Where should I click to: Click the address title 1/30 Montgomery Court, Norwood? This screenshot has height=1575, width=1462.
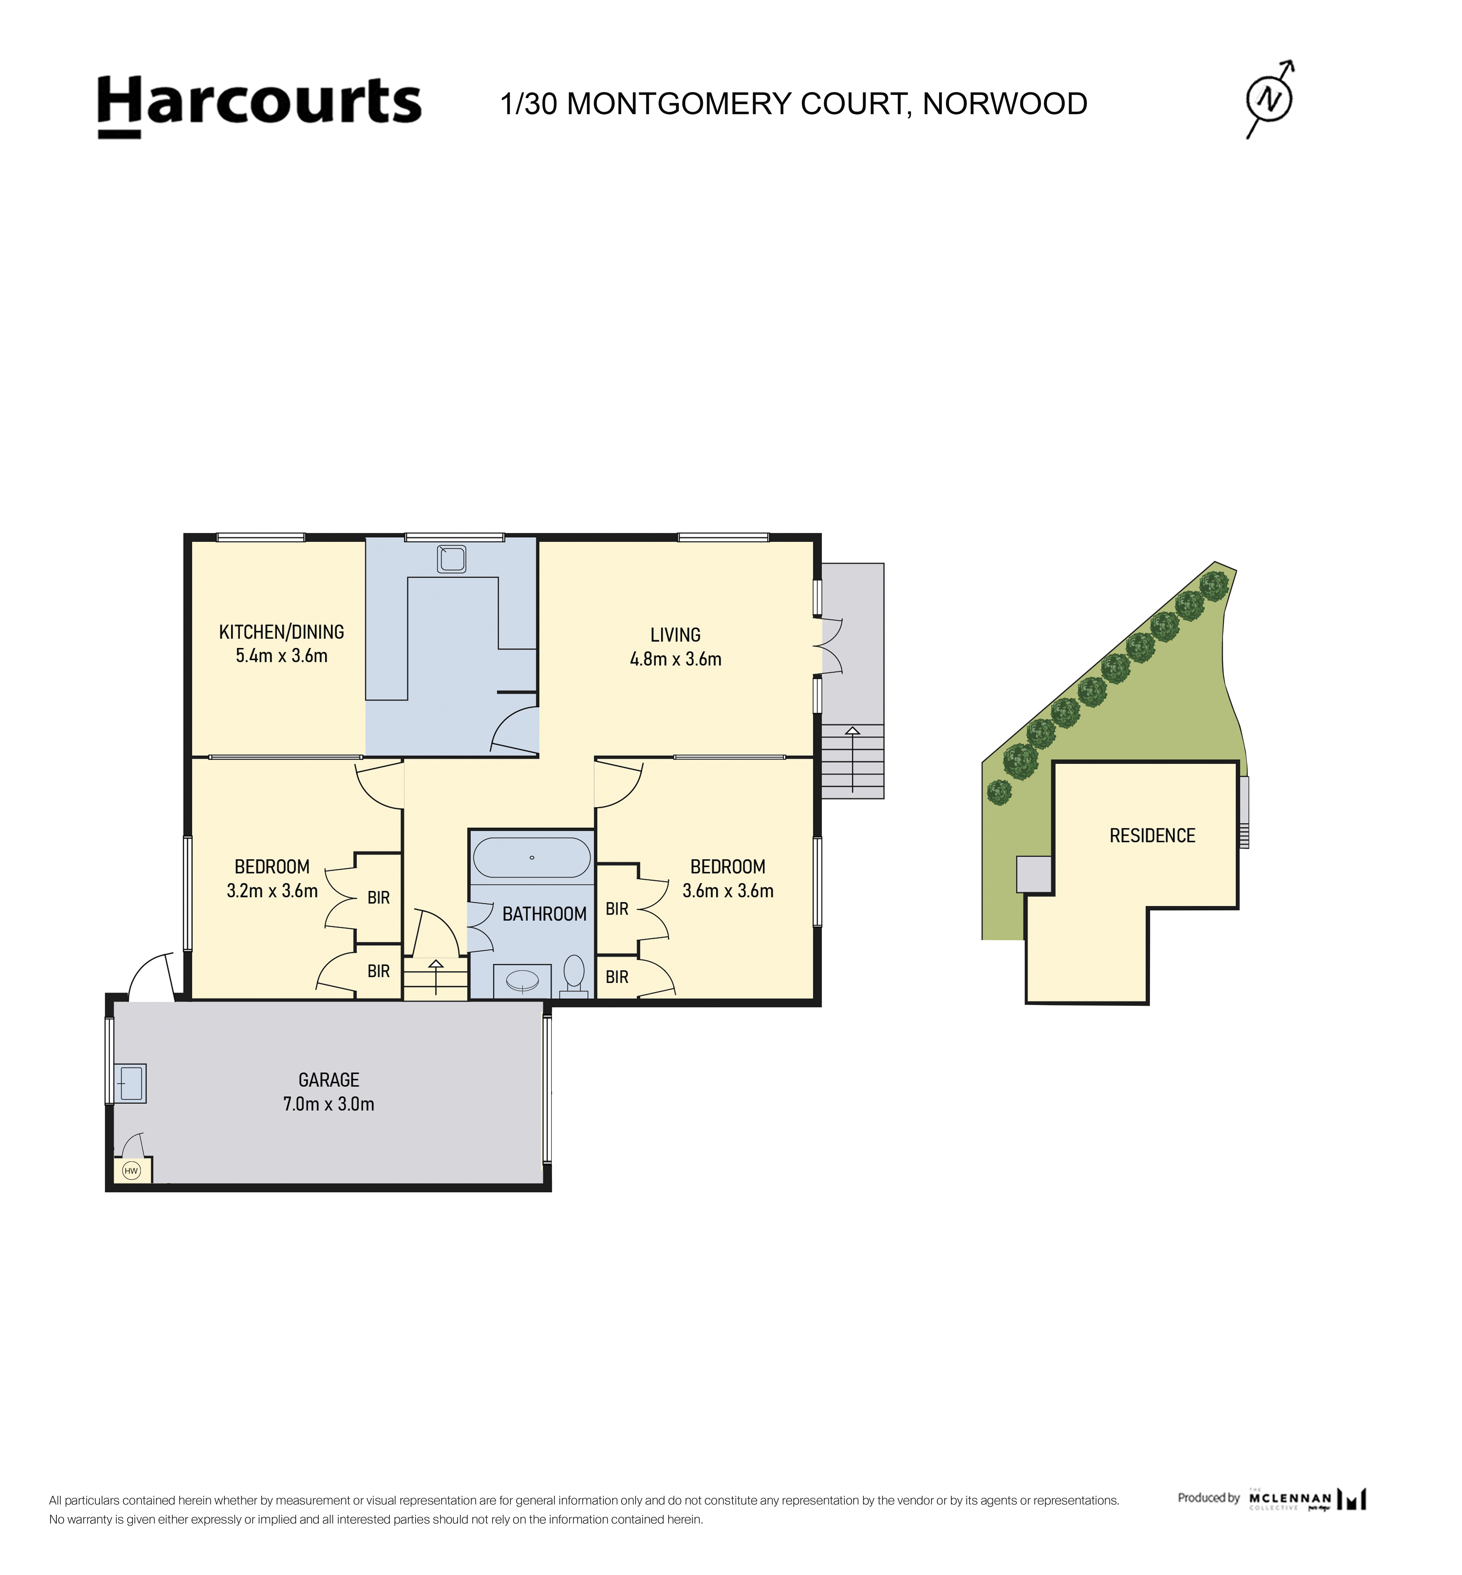click(x=794, y=104)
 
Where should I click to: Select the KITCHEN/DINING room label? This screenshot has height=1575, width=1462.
click(x=282, y=632)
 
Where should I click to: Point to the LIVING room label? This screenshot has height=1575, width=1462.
click(x=676, y=635)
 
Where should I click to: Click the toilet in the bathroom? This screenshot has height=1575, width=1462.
click(x=574, y=975)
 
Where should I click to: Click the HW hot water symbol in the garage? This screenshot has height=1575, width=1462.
click(x=131, y=1171)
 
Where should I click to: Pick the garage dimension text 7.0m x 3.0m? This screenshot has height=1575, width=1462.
click(x=329, y=1104)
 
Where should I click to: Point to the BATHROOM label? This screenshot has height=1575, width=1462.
click(x=544, y=915)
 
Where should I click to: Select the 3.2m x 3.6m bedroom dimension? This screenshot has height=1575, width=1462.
click(x=272, y=891)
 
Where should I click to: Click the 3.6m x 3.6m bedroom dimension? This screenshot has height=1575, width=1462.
click(x=728, y=891)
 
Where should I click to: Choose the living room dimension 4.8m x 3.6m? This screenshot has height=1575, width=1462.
click(x=676, y=659)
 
